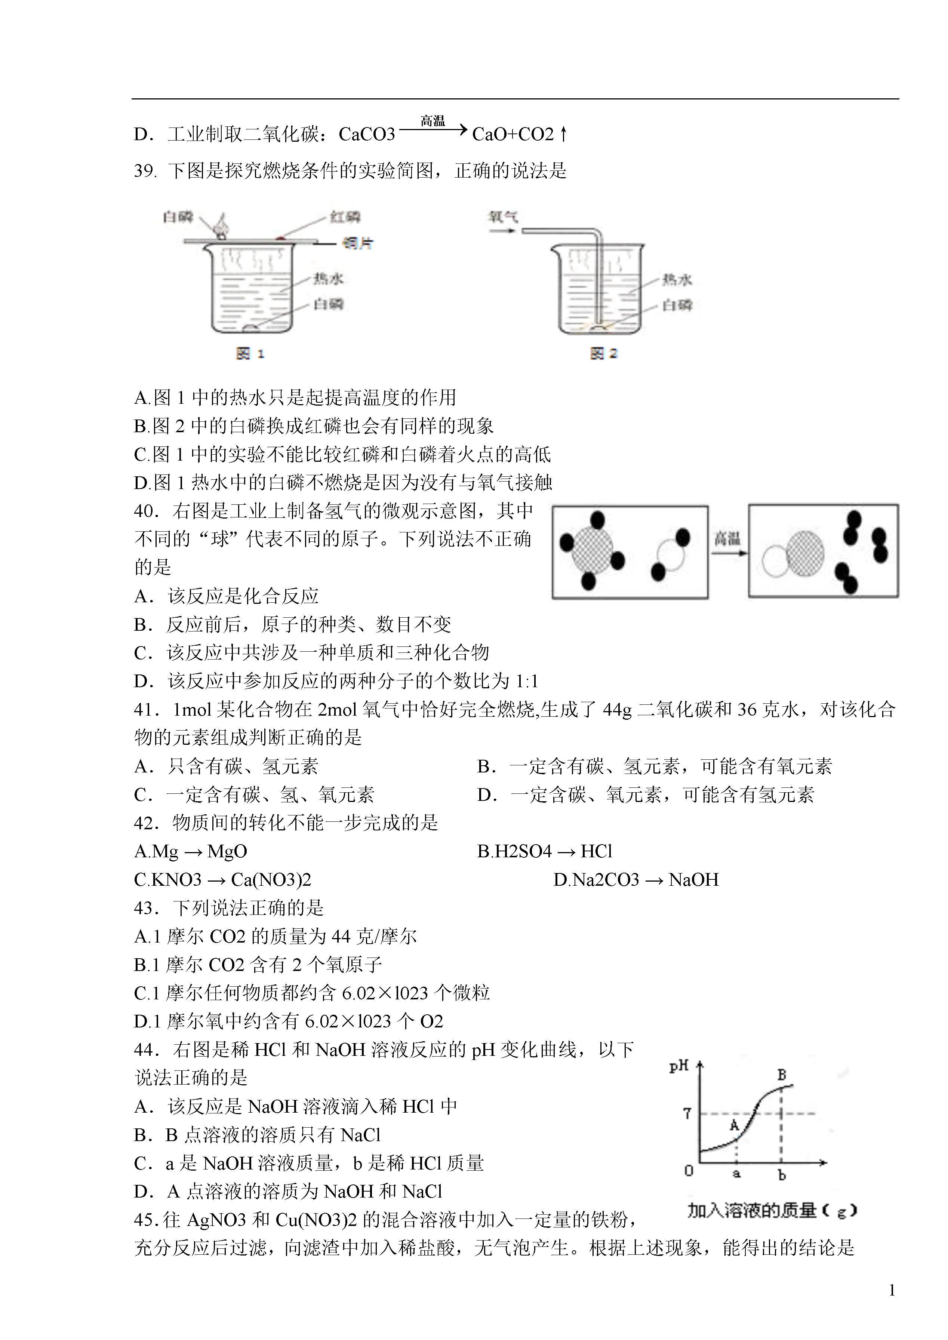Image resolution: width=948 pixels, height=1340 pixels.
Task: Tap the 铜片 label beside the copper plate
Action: click(x=357, y=243)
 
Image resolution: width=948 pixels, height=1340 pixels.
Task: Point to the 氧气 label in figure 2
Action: click(x=503, y=217)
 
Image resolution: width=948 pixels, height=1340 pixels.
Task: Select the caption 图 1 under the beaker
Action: click(x=250, y=353)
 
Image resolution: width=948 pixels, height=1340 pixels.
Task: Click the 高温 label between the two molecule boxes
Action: click(x=727, y=538)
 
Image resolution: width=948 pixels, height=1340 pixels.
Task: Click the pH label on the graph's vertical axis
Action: click(x=678, y=1067)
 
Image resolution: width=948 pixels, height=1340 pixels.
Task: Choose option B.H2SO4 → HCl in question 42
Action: click(x=545, y=851)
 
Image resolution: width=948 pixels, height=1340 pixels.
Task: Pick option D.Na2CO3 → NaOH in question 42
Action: click(x=636, y=879)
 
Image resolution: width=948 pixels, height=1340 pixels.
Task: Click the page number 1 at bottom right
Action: click(x=892, y=1290)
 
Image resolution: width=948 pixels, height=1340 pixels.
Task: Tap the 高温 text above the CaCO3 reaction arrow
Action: click(x=433, y=121)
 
